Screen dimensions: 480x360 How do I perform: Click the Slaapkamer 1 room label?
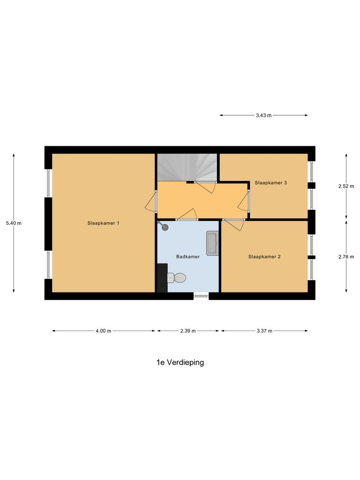103,223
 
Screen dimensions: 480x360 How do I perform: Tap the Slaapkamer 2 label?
264,256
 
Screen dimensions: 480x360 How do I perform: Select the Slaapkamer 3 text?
271,182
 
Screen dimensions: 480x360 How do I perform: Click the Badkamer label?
188,256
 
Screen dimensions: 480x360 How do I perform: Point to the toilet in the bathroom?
177,278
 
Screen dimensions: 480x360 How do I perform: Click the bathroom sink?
212,243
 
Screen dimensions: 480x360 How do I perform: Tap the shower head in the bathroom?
164,227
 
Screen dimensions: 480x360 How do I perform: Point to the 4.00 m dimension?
103,331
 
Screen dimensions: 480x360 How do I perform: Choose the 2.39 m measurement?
188,331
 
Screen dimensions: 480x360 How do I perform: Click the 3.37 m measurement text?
264,331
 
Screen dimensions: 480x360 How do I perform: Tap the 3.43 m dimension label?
263,115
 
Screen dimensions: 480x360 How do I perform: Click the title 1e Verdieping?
180,362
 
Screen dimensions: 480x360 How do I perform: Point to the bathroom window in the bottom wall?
201,295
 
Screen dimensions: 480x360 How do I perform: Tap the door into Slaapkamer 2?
233,224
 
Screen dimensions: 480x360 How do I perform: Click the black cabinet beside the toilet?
162,277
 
